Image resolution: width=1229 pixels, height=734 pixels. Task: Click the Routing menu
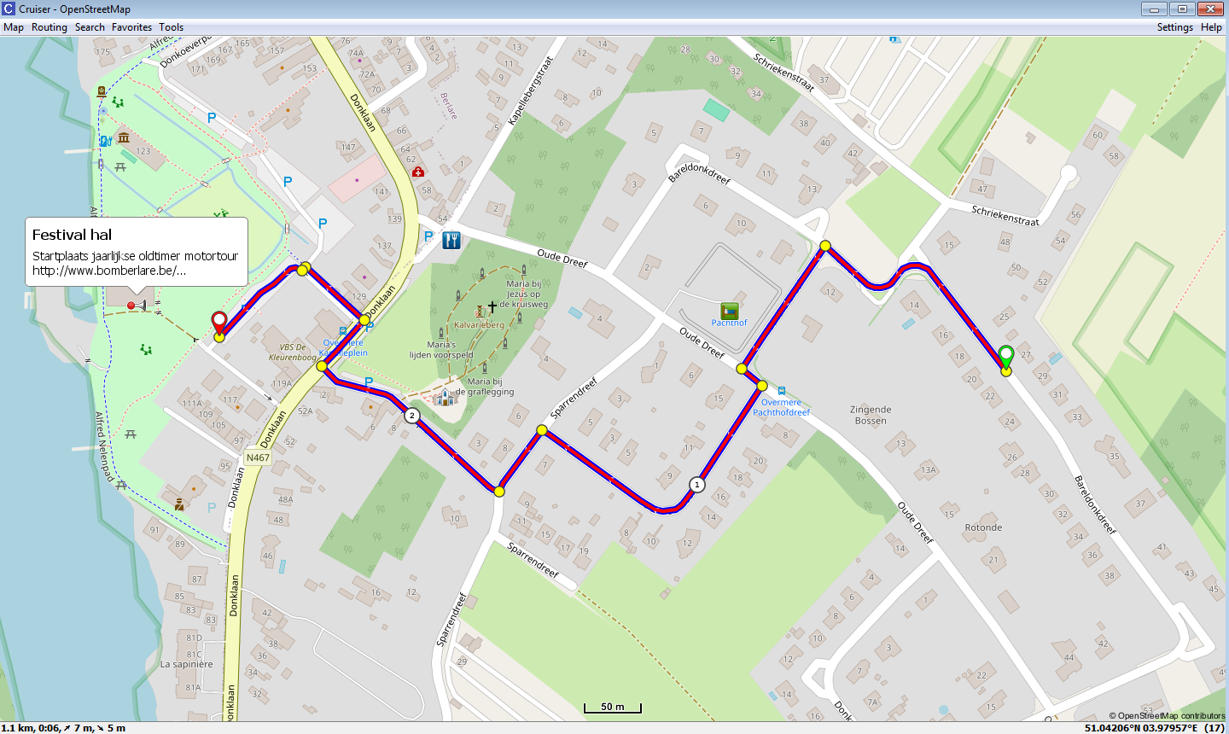49,27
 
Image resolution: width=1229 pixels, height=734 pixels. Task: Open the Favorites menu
131,27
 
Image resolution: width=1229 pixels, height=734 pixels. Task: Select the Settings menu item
1174,27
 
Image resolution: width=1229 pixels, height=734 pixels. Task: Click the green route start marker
1006,356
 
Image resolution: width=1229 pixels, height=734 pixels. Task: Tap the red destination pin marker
219,323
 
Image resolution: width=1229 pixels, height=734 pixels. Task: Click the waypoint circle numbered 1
697,485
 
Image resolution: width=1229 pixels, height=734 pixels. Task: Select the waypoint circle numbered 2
412,416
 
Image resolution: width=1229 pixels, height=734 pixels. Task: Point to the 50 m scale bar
612,708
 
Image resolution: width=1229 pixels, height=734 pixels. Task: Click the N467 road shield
258,457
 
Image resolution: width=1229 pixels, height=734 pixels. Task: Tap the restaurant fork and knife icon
451,240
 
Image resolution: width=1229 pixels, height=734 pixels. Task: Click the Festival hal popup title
72,235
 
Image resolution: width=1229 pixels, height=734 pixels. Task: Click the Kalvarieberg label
479,324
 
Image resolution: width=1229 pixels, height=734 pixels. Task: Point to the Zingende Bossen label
871,415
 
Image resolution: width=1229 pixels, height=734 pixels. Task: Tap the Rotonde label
983,527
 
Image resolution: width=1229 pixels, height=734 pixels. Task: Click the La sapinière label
187,664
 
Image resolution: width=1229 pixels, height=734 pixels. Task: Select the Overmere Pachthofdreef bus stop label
781,407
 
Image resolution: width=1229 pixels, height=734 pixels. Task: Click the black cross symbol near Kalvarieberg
492,306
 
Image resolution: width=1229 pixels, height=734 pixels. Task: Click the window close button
1210,9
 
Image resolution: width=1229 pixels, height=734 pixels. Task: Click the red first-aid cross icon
417,172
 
